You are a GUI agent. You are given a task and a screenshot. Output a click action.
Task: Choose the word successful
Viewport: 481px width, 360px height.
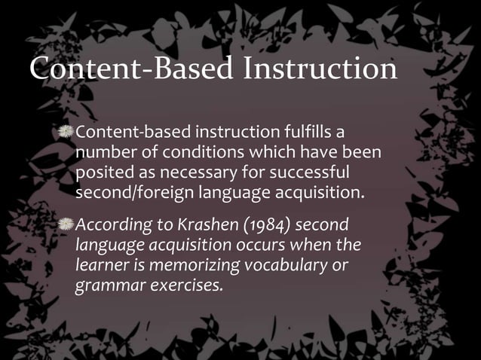click(311, 173)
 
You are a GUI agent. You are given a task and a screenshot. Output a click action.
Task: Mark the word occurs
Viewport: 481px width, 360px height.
click(275, 246)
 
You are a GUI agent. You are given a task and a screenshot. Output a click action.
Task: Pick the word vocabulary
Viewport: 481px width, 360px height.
click(295, 266)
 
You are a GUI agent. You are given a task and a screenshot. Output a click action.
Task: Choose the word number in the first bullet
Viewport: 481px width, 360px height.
click(106, 154)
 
